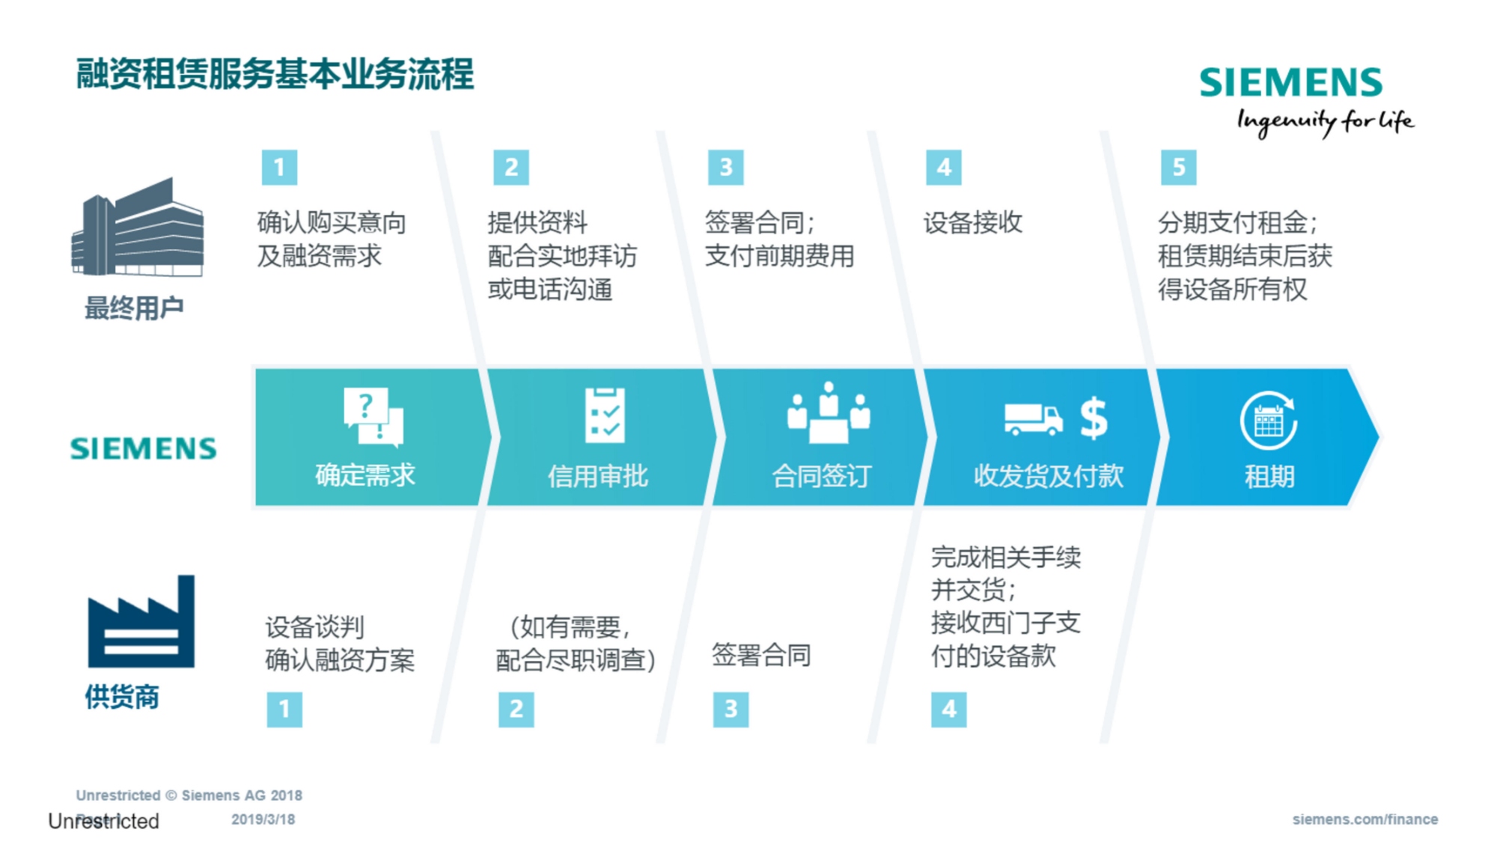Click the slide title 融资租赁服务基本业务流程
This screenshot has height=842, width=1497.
275,74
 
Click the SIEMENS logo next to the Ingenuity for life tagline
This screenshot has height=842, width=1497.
1290,82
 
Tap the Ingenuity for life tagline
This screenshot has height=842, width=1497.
1325,121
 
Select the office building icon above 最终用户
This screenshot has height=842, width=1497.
138,228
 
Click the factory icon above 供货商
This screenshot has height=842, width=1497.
141,622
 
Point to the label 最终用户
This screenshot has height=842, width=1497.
134,308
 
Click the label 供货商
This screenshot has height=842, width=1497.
122,697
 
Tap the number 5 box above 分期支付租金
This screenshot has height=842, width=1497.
1178,167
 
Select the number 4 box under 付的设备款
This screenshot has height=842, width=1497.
948,709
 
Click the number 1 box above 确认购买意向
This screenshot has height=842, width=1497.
279,167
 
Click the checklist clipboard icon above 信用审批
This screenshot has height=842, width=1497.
605,415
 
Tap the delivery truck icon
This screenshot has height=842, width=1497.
1033,419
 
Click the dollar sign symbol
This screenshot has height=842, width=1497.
1094,418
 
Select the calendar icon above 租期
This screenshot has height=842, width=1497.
1269,421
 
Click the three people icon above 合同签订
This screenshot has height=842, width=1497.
829,413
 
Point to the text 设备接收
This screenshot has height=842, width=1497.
972,222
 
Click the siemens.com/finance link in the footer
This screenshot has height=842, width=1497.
1365,820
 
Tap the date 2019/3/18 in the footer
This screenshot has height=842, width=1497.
263,820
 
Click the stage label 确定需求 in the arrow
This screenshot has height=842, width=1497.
365,475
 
